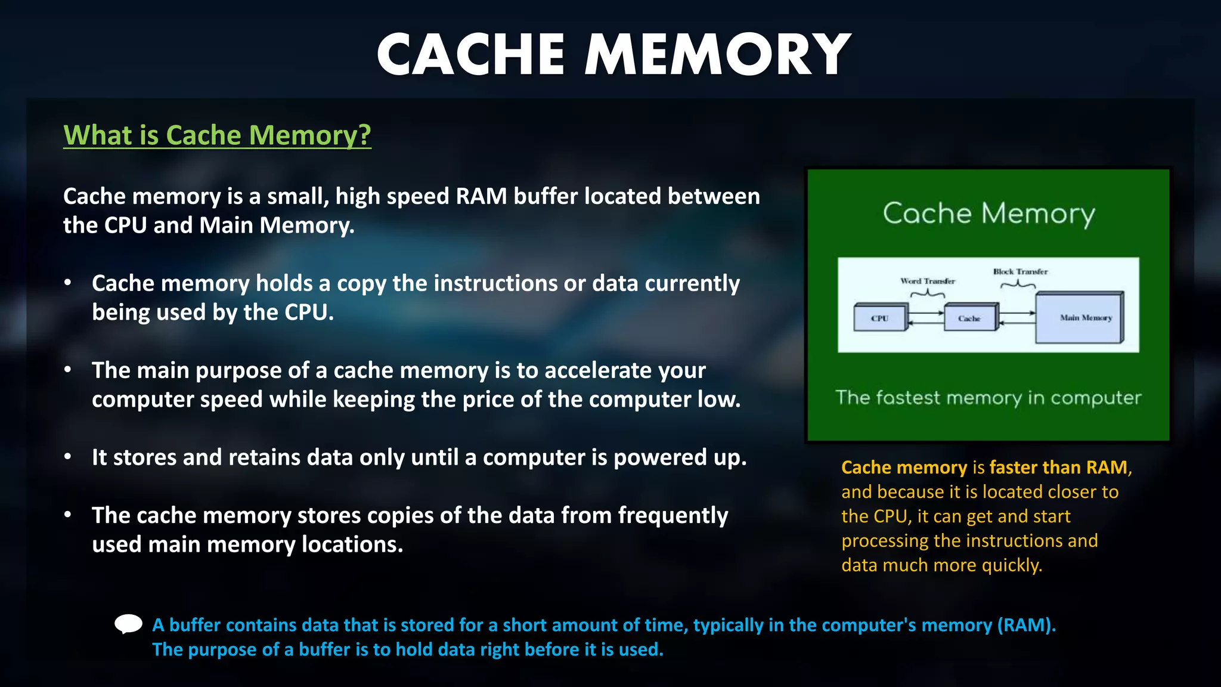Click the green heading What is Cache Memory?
(217, 135)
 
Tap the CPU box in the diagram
(880, 318)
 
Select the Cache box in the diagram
(970, 318)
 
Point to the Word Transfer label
(928, 281)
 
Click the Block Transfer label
(1020, 271)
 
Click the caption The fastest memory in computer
(988, 398)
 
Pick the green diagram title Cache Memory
(988, 213)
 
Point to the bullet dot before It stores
(68, 457)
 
